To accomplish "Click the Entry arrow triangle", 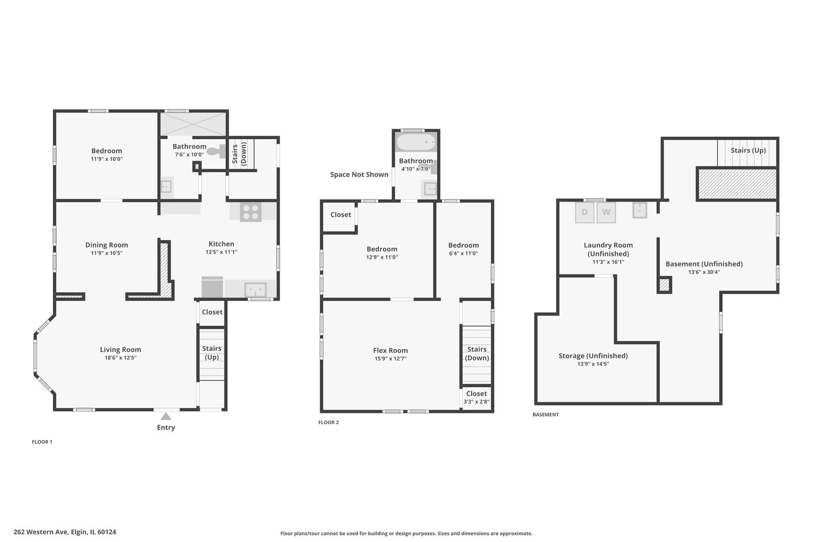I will point(166,416).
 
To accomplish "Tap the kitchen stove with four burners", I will point(250,212).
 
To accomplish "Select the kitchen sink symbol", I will point(255,290).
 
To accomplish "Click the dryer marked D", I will point(585,212).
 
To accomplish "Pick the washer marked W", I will point(606,212).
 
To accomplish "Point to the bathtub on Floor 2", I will point(416,143).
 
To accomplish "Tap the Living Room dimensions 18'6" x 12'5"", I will point(120,358).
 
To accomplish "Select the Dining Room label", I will point(106,245).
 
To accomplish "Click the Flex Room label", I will point(390,350).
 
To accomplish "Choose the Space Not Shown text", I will point(359,175).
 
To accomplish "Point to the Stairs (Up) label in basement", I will point(748,150).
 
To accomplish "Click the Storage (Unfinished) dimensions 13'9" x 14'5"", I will point(593,364).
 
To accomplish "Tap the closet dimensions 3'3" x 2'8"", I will point(476,401).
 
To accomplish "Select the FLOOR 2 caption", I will point(329,423).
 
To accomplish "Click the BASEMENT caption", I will point(546,415).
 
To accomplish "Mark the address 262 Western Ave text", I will point(65,532).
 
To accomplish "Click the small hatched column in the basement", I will point(664,285).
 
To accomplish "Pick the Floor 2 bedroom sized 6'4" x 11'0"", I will point(463,249).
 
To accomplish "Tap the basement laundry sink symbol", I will point(639,210).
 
